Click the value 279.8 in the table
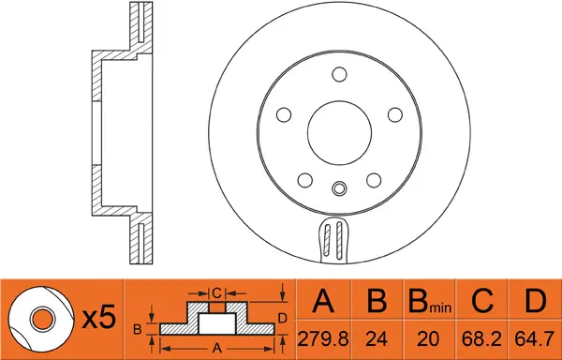point(323,338)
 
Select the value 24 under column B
point(377,338)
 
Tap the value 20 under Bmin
point(429,338)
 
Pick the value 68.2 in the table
point(481,338)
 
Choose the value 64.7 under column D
point(535,338)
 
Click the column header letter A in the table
point(323,301)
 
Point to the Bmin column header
point(430,301)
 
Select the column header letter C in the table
point(482,301)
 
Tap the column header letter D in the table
point(536,301)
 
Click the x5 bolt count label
point(99,317)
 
